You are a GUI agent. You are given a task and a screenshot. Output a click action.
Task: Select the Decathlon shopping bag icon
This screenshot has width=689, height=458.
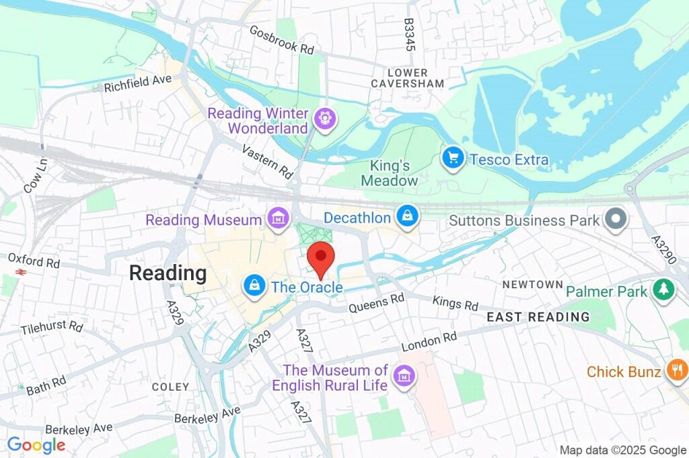click(407, 216)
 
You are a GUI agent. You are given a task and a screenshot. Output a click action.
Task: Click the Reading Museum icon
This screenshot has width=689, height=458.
click(277, 218)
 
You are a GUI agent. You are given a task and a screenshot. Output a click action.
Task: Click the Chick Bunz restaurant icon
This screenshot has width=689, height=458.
click(676, 370)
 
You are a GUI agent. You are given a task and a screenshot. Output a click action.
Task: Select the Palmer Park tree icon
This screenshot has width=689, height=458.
click(664, 290)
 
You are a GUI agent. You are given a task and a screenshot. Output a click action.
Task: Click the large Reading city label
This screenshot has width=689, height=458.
click(168, 273)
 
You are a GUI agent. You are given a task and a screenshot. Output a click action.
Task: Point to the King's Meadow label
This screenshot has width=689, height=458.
click(389, 172)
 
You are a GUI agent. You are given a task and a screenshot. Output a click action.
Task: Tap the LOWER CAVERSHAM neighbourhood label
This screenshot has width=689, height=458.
click(408, 78)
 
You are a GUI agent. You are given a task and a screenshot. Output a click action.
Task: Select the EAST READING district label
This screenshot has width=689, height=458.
click(538, 317)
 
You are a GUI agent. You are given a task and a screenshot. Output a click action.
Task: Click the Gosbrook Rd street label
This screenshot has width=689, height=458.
click(282, 40)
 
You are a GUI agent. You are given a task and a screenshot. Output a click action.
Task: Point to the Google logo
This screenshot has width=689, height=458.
click(36, 445)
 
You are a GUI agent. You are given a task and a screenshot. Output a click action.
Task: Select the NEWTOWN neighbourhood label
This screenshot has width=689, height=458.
click(532, 285)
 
